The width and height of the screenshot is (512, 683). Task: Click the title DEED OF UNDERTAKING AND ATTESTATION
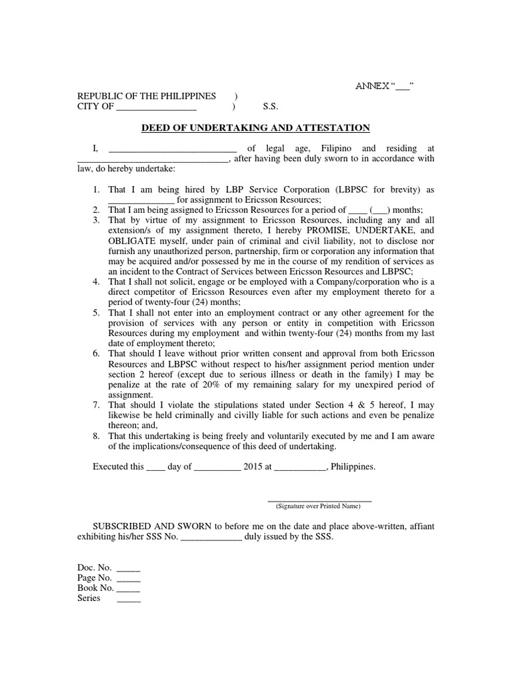(255, 127)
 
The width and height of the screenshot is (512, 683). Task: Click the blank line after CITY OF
(156, 107)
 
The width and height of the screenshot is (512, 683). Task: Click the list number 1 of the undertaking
(96, 190)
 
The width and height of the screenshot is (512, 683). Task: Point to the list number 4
(96, 282)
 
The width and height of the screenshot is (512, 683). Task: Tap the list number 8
(96, 436)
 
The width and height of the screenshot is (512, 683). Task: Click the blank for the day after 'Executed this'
(155, 468)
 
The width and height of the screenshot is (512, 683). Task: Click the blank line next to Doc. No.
(129, 568)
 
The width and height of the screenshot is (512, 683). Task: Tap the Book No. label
(95, 588)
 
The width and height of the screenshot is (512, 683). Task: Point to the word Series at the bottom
(89, 598)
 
